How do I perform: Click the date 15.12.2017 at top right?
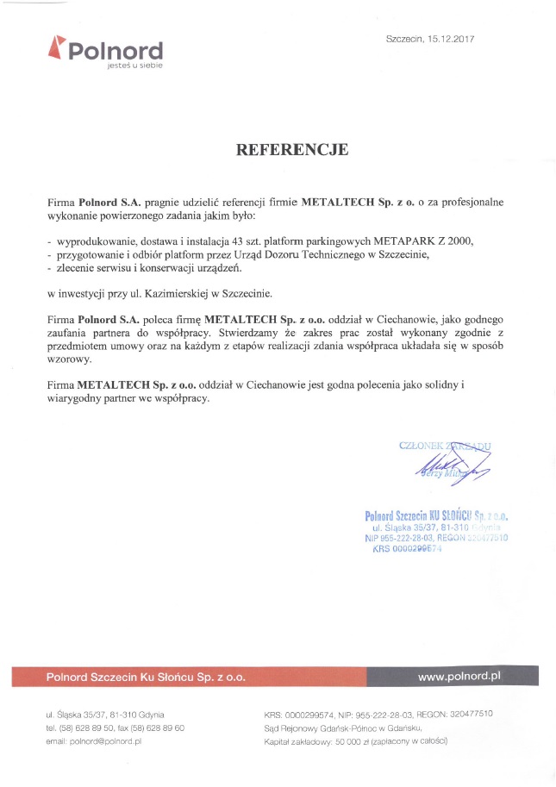(x=451, y=39)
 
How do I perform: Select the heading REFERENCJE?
(x=292, y=150)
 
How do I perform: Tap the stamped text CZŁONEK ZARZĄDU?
(x=445, y=446)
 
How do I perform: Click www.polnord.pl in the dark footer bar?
(x=459, y=677)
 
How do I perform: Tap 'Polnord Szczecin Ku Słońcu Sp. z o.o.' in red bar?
(x=146, y=678)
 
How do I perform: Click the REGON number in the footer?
(x=469, y=714)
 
